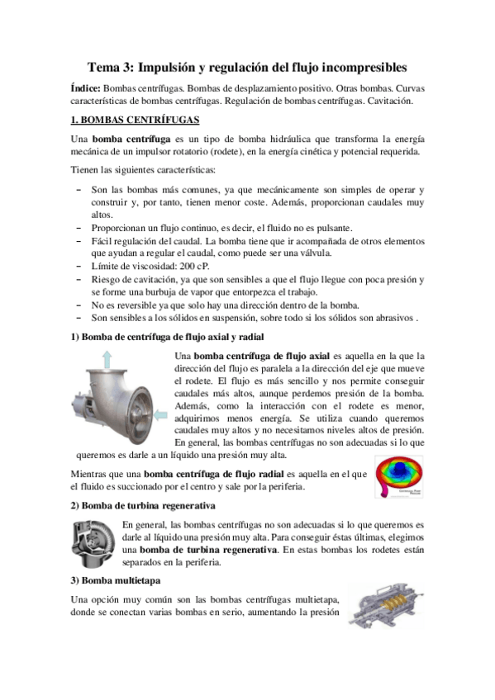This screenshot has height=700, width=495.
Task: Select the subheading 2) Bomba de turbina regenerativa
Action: coord(143,504)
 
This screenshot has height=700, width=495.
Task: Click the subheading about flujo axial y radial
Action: coord(168,337)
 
